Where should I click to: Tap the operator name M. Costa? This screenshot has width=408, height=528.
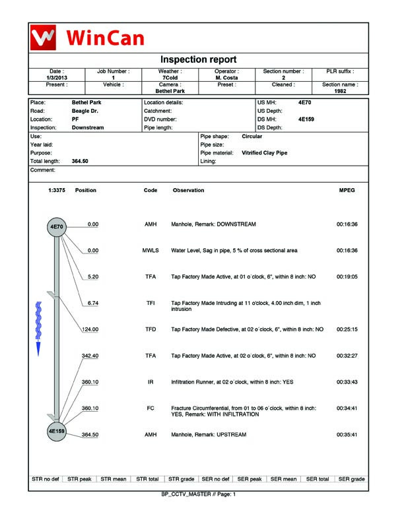coord(226,78)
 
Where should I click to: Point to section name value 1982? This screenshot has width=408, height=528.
coord(340,91)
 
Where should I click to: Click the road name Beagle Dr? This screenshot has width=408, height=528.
coord(85,111)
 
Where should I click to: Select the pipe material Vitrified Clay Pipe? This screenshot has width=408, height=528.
coord(264,152)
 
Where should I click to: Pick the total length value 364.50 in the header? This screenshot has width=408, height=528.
coord(80,161)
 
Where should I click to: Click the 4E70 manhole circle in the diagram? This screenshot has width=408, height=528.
coord(57,226)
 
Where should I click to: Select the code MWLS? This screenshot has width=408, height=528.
coord(151,251)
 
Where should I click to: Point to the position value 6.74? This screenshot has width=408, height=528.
coord(93,303)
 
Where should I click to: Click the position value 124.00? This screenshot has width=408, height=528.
coord(90,329)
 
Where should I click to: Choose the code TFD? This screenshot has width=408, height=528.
coord(151,329)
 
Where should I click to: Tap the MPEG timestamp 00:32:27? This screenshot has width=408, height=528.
coord(347,356)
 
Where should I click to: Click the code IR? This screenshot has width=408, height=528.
coord(151,382)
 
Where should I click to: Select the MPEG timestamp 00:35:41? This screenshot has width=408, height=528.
coord(347,435)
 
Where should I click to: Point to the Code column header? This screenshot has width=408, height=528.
coord(151,190)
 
